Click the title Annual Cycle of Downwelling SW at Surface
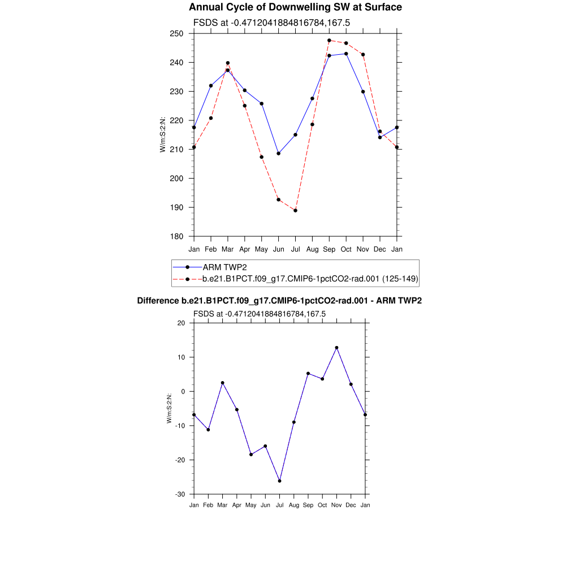(295, 7)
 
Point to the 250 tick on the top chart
(179, 33)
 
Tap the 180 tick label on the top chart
(179, 236)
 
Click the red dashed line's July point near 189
(295, 210)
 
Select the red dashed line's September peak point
(329, 40)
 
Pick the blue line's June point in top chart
(278, 153)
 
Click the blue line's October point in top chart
(346, 54)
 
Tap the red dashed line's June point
(278, 200)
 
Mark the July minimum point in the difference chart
(279, 481)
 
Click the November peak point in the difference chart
(336, 348)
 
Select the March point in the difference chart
(222, 383)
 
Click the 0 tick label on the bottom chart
(183, 391)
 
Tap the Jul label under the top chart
(295, 249)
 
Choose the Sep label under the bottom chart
(308, 505)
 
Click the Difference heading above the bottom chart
(279, 301)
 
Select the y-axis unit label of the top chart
(163, 135)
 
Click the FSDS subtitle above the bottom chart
(260, 314)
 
